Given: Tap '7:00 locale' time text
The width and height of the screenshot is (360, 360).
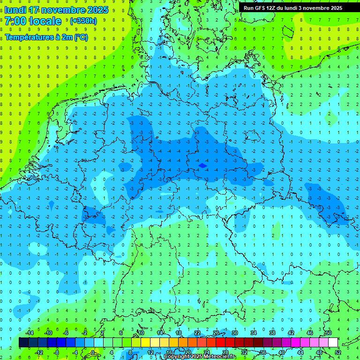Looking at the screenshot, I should tap(33, 21).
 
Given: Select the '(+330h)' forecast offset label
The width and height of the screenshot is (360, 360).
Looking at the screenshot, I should tap(83, 21).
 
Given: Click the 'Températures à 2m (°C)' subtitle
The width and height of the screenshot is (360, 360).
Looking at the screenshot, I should tap(46, 37).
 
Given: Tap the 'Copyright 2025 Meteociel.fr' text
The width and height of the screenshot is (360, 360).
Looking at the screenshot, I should tap(199, 357).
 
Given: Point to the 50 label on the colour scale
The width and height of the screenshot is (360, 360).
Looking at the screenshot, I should tap(328, 333).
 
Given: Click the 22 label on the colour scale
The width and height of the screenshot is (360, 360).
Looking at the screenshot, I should tap(197, 333).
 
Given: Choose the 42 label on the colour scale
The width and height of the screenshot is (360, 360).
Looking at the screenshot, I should tap(291, 333).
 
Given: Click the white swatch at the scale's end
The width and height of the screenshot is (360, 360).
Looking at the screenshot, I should tap(333, 343).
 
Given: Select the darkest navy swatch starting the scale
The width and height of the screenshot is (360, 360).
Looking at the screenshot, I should tap(23, 343).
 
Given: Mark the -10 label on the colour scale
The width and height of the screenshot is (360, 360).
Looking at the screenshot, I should tap(48, 333).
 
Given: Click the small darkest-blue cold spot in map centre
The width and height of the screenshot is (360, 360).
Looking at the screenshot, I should tap(202, 165).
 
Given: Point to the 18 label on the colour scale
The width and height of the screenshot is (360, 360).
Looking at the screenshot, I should tap(179, 333).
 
